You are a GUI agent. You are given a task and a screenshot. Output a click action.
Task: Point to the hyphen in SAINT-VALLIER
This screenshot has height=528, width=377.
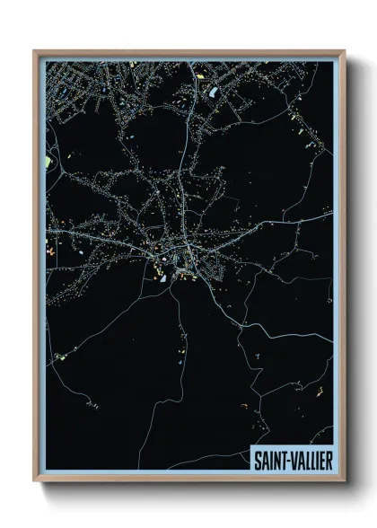[289, 456]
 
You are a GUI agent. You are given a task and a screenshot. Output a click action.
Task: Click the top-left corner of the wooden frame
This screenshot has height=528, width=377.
[34, 50]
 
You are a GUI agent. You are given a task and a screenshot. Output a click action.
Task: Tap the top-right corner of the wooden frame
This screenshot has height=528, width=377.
[345, 50]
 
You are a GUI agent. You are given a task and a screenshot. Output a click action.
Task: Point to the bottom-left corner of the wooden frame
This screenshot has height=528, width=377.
[34, 482]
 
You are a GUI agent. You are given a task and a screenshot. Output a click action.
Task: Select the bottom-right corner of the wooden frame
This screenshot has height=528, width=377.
[345, 482]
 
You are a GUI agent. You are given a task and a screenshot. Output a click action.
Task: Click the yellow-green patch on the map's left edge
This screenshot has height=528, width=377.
[48, 163]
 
